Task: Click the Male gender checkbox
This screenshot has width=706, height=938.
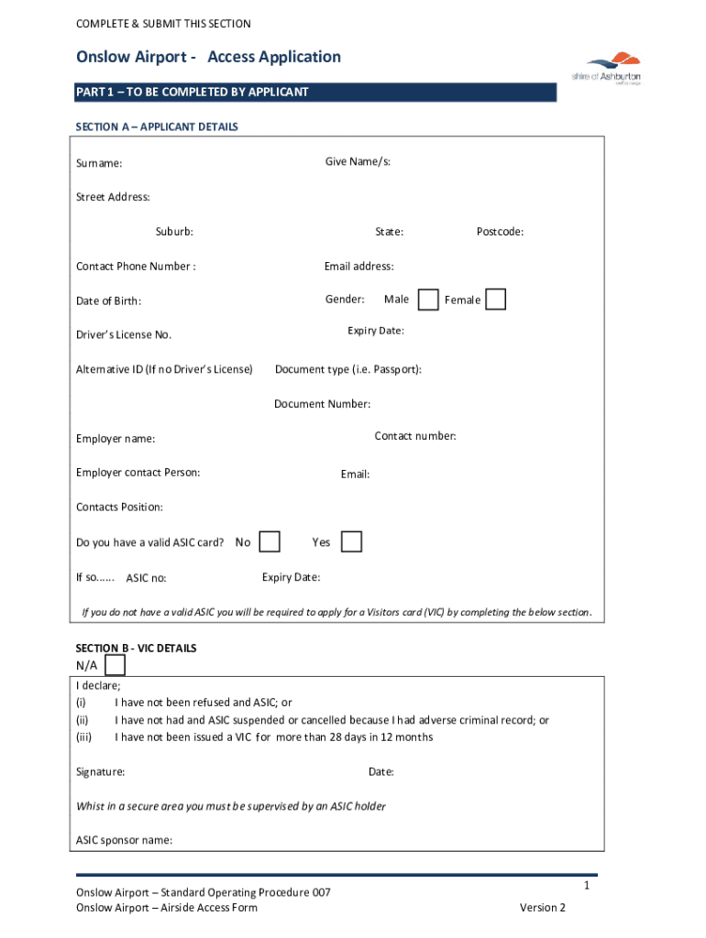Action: point(427,300)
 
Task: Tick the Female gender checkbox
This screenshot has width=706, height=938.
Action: point(495,300)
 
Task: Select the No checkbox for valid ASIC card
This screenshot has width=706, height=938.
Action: point(270,542)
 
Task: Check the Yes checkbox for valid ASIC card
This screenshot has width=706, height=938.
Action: point(351,542)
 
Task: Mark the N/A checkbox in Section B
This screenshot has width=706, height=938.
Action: point(116,664)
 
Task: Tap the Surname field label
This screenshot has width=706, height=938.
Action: point(99,164)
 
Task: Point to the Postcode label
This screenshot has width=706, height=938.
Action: point(500,232)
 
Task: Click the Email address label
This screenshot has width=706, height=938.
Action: point(359,267)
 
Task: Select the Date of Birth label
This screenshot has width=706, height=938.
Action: point(108,301)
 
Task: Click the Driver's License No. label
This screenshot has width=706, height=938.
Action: point(123,335)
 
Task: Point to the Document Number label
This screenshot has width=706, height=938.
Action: point(323,404)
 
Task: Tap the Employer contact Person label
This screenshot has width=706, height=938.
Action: point(138,473)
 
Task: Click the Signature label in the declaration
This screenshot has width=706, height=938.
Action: point(101,772)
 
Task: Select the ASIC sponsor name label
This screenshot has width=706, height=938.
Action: point(124,840)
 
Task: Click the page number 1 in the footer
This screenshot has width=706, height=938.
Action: point(585,887)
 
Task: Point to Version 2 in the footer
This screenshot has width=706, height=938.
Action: point(543,908)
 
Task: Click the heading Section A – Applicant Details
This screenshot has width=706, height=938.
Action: point(157,127)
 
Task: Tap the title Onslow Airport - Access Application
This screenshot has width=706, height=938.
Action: point(208,57)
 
